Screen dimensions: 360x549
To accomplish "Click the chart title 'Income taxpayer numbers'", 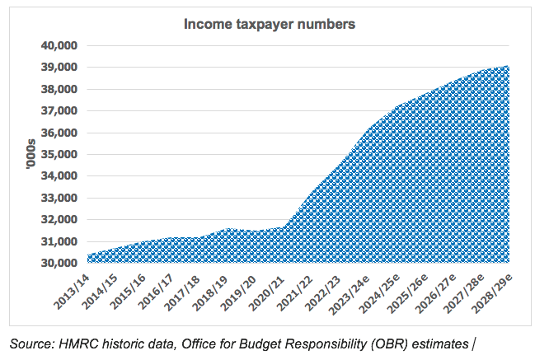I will click(x=269, y=25).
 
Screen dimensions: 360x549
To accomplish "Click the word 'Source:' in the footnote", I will click(x=34, y=341).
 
